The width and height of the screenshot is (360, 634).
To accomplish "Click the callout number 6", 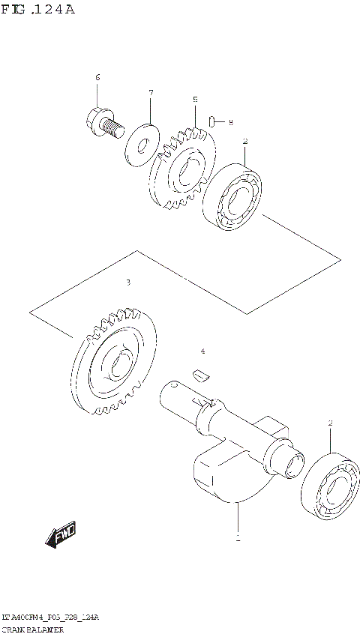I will click(97, 79).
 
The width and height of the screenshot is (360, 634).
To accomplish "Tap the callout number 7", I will click(150, 93).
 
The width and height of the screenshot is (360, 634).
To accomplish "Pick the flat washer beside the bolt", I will click(139, 142).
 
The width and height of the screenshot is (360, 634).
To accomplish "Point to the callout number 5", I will click(195, 100).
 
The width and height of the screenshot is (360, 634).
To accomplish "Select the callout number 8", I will click(230, 121).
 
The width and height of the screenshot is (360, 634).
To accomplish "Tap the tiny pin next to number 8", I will click(214, 121).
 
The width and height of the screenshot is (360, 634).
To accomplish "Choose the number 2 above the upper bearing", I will click(244, 142).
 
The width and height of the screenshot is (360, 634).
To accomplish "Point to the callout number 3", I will click(128, 283).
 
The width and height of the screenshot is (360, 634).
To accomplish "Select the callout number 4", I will click(202, 351).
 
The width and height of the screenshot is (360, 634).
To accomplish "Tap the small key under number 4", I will click(199, 374).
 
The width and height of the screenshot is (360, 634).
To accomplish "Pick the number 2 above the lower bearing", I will click(329, 423).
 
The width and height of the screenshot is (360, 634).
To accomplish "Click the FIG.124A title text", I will click(38, 9).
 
